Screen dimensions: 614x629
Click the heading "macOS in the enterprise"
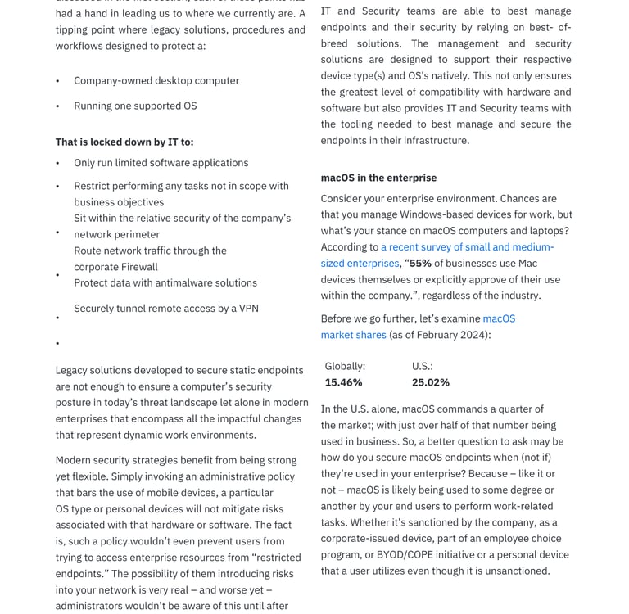(378, 178)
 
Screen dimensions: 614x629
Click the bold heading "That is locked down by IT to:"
(124, 142)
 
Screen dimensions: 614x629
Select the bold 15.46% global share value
(343, 382)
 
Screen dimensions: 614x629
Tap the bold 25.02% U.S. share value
(430, 382)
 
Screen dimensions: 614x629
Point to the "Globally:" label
(345, 366)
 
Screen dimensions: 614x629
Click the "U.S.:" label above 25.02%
(422, 366)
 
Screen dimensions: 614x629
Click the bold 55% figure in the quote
(420, 263)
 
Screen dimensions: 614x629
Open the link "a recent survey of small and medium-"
(467, 246)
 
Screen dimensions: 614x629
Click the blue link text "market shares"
(353, 335)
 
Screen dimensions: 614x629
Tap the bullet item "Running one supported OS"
(135, 106)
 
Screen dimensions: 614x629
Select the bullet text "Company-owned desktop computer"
(156, 80)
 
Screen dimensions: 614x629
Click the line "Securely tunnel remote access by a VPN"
(166, 308)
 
